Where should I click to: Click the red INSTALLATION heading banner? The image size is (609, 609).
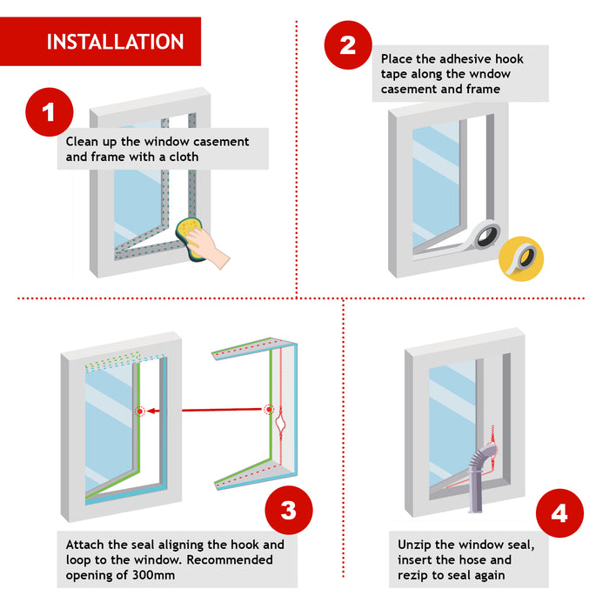tap(114, 42)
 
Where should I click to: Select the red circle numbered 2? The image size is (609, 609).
tap(348, 44)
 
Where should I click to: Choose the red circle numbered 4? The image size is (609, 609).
tap(559, 512)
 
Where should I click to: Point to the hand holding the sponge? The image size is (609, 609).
tap(212, 253)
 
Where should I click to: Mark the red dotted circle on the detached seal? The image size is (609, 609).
tap(268, 409)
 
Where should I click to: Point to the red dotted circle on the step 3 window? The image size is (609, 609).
tap(138, 409)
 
